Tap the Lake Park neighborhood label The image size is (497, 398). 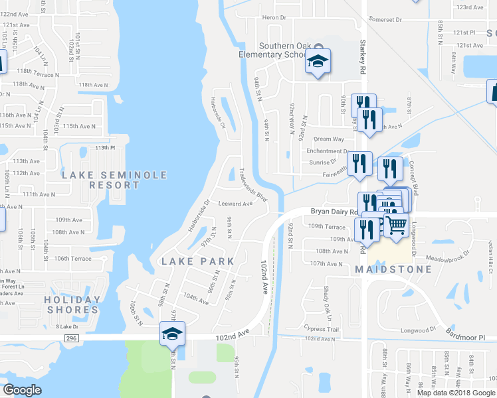click(198, 261)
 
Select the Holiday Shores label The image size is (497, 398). click(72, 304)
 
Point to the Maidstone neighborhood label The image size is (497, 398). click(393, 269)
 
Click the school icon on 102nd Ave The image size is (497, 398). click(171, 334)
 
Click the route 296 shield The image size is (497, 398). click(72, 338)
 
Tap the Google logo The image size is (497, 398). click(23, 390)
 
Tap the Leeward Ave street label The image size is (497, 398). click(236, 204)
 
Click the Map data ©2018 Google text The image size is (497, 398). click(454, 392)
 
